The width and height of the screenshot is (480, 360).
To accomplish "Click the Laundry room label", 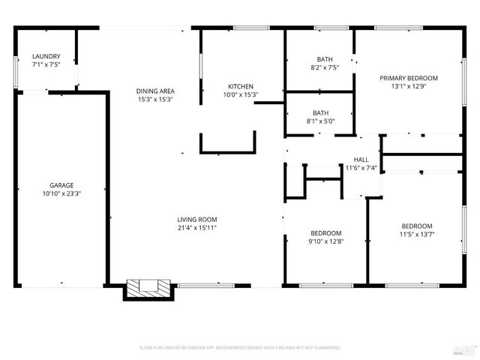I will (x=46, y=55).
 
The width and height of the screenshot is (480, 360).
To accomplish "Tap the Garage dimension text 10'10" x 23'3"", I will (x=61, y=193).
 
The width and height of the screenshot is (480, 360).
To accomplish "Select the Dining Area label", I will (x=155, y=91).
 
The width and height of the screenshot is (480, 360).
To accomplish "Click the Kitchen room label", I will (x=241, y=86).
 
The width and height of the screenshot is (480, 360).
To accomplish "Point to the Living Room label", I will (x=197, y=219).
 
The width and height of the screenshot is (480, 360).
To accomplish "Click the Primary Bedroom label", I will (x=408, y=78).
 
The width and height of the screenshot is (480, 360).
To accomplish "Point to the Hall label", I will (x=361, y=160).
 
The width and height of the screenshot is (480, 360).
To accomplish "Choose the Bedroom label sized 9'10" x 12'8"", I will (x=326, y=232).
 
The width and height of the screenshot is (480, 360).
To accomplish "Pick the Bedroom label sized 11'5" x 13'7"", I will (x=416, y=226).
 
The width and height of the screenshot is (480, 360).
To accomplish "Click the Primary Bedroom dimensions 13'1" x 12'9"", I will (x=408, y=86).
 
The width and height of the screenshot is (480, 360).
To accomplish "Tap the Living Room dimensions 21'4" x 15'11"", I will (x=197, y=228).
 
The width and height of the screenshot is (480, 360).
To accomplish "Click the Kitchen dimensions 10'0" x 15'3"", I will (x=241, y=94).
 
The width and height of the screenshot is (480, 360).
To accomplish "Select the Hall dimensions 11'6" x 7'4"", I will (x=361, y=168).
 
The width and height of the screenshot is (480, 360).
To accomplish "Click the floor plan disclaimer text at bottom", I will (x=240, y=348).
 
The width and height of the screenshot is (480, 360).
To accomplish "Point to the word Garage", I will (x=61, y=184).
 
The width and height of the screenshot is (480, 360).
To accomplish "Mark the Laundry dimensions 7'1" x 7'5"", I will (x=46, y=64).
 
